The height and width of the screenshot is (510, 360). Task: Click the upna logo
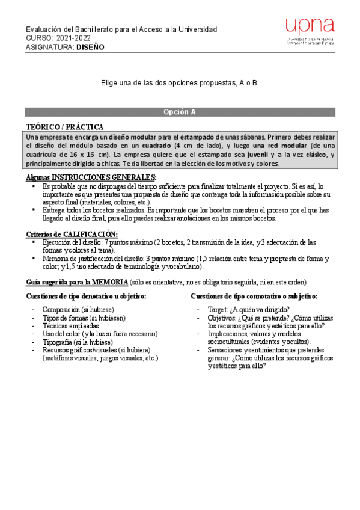point(310,31)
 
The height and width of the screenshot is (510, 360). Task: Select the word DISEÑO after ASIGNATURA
point(90,47)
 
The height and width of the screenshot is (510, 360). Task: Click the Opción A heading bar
point(180,112)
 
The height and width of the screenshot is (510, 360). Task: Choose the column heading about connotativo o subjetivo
point(254,296)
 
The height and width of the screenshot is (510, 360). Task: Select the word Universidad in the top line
point(197,30)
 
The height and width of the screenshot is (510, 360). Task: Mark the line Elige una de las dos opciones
point(180,82)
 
